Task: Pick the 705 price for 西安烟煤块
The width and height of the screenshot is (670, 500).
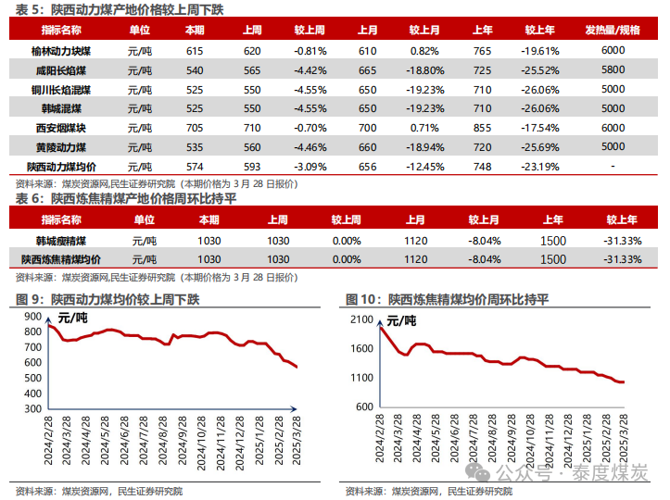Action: [x=195, y=128]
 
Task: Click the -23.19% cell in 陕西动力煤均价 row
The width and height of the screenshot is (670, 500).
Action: [x=539, y=167]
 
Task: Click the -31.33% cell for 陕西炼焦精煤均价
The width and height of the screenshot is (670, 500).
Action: [x=622, y=259]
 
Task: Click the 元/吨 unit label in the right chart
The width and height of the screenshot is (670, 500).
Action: [x=401, y=321]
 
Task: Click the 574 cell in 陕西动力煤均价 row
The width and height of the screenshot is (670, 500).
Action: [x=195, y=167]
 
